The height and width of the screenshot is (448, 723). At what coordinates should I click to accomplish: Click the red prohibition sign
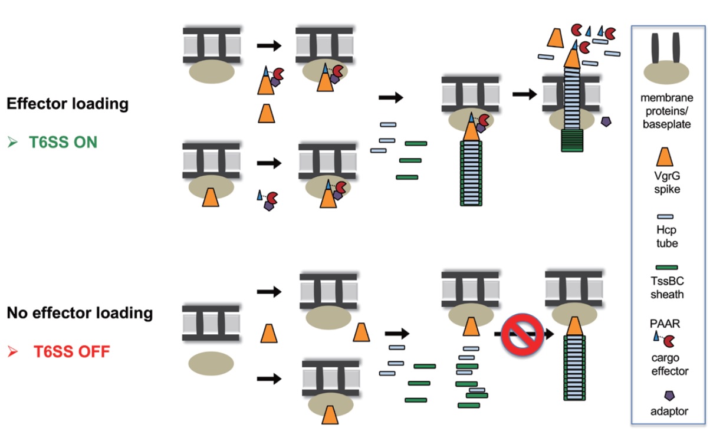[x=522, y=334]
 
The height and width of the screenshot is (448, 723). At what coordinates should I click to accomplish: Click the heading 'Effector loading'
[x=67, y=104]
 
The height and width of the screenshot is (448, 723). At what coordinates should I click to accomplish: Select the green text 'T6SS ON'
[x=63, y=142]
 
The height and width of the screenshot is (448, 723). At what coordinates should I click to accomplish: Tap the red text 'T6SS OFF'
[x=71, y=352]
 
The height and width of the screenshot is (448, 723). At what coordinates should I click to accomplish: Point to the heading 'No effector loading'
[x=80, y=313]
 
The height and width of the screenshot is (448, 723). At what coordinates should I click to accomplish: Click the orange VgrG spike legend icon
[x=668, y=156]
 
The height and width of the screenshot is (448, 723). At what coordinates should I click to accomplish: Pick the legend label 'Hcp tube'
[x=668, y=237]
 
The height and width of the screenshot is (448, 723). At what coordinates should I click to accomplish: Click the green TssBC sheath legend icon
[x=667, y=268]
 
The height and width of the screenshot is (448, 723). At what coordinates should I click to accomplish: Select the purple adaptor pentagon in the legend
[x=668, y=396]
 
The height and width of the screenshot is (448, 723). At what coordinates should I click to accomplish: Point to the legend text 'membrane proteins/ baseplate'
[x=668, y=110]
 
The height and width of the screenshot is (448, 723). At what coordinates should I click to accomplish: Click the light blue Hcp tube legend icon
[x=668, y=217]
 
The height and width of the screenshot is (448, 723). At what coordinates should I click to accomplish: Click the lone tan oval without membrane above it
[x=211, y=364]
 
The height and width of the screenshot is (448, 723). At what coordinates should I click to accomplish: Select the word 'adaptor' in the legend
[x=668, y=411]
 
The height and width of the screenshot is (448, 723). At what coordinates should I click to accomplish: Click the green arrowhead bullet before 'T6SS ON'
[x=12, y=142]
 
